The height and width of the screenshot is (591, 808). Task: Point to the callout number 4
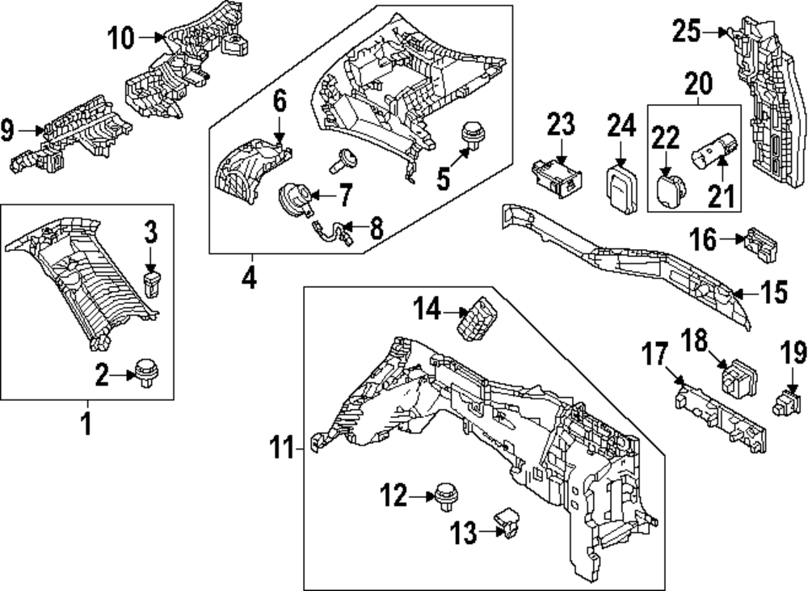tap(248, 279)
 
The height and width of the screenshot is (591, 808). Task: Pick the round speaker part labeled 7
tap(292, 197)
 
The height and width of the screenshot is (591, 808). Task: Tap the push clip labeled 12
tap(443, 494)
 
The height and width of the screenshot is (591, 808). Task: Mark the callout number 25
tap(685, 32)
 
